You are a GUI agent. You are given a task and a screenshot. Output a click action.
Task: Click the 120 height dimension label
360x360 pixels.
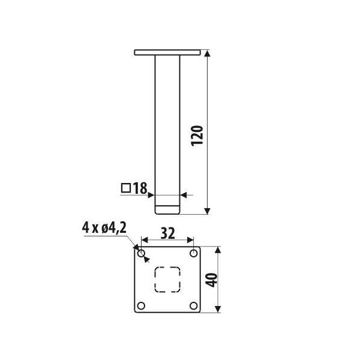tap(197, 136)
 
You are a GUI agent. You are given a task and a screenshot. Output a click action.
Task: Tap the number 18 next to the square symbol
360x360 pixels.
tap(140, 188)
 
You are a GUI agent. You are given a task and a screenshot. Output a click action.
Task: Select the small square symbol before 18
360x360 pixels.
tap(126, 188)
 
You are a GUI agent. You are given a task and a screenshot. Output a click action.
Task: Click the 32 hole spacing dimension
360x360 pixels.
tap(168, 233)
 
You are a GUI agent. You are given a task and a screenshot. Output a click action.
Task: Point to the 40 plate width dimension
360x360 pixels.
tap(211, 280)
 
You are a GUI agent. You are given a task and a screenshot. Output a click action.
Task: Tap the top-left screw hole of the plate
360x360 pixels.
tap(141, 254)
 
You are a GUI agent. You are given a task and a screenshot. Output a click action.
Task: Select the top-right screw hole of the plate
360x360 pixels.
tap(194, 253)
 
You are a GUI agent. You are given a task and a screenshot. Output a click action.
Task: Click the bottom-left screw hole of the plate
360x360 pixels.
tap(141, 306)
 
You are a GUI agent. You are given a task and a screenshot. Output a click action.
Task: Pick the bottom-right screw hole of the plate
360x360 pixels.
tap(194, 306)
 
